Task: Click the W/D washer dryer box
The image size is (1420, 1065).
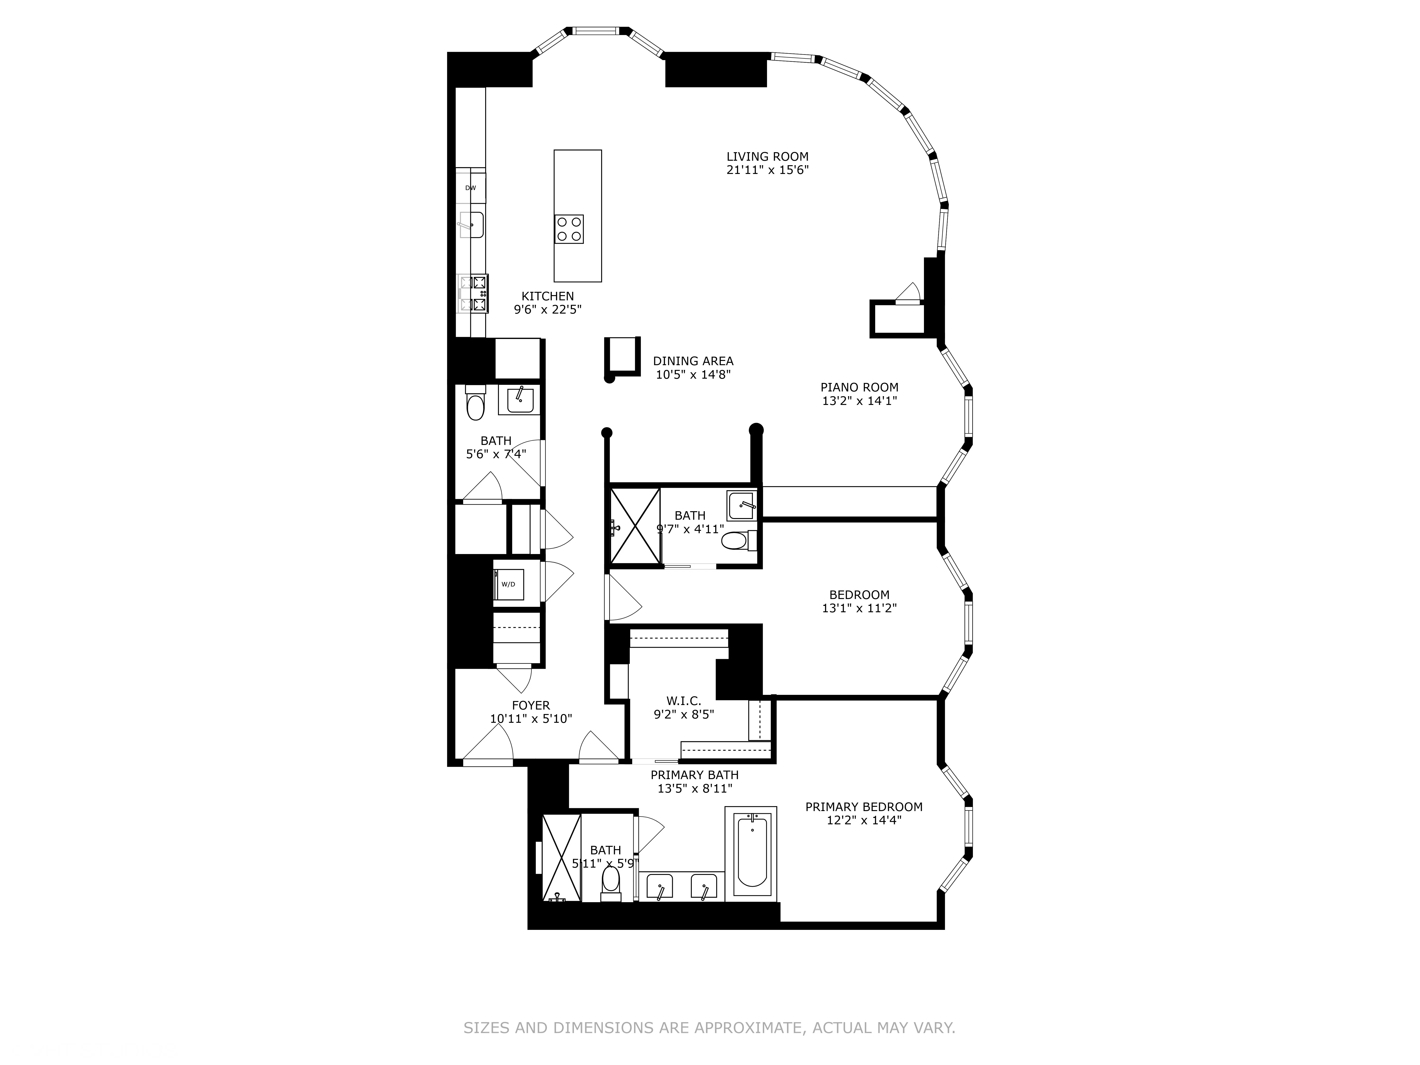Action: (508, 584)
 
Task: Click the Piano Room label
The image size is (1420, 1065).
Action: (859, 387)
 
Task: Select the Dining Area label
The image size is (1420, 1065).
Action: (693, 361)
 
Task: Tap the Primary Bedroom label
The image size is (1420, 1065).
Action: (863, 807)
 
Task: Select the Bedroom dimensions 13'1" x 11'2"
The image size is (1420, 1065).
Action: (859, 608)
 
